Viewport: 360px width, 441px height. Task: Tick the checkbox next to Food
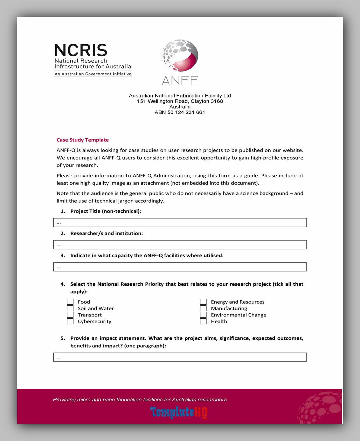tap(70, 302)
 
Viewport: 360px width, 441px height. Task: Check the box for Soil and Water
tap(70, 308)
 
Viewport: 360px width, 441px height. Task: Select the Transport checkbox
tap(70, 315)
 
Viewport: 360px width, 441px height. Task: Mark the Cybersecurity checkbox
tap(70, 321)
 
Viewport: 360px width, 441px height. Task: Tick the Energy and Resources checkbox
tap(203, 302)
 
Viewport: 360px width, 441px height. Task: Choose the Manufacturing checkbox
tap(203, 308)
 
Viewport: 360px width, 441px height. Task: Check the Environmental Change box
tap(203, 315)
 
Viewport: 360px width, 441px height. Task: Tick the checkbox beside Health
tap(203, 321)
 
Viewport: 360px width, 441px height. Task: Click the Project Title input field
tap(180, 223)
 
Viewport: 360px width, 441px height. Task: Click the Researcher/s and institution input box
tap(180, 245)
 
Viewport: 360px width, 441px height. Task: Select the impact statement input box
tap(180, 357)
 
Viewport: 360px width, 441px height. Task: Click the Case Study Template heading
tap(83, 140)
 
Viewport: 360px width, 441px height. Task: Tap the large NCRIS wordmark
tap(81, 50)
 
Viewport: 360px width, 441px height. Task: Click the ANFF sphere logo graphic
tap(180, 56)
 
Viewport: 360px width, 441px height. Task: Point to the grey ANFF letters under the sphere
tap(180, 80)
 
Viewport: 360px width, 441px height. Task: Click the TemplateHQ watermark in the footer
tap(179, 412)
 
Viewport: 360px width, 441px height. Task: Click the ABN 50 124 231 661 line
tap(180, 112)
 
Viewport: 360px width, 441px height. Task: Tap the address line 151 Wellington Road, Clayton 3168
tap(180, 101)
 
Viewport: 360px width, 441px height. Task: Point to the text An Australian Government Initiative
tap(93, 74)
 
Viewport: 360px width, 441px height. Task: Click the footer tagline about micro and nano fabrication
tap(140, 400)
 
